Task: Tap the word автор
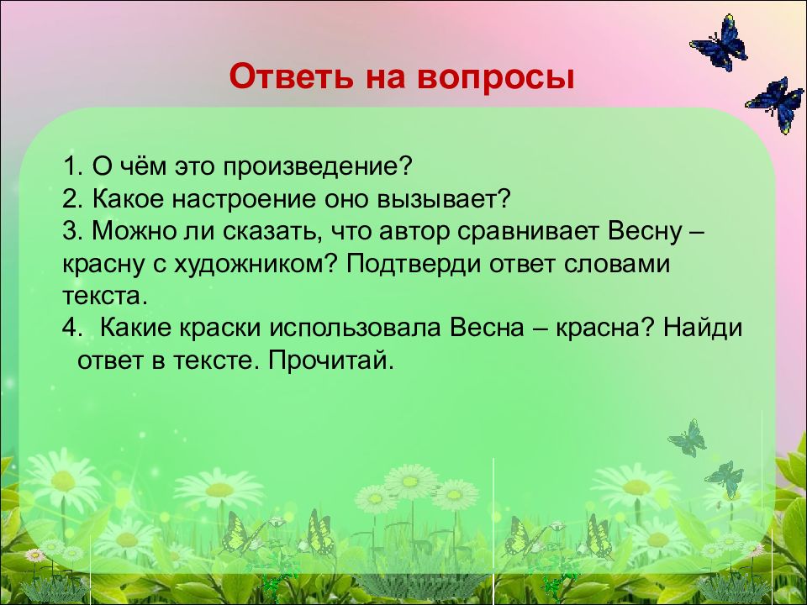click(414, 233)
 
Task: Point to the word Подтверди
click(414, 265)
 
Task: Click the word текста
click(105, 297)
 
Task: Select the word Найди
click(702, 328)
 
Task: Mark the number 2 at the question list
click(69, 199)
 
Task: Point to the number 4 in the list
click(70, 329)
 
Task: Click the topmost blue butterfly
click(719, 43)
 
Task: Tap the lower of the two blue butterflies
click(776, 104)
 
